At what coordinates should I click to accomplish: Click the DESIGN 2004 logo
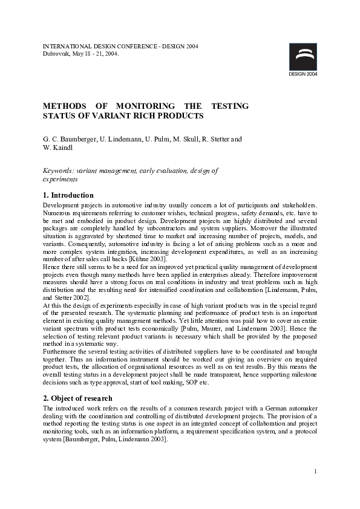point(303,59)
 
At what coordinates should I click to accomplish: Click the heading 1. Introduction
point(68,195)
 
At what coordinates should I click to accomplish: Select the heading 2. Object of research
point(77,398)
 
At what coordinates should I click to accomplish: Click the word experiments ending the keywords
point(61,180)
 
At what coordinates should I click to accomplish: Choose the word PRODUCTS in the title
point(181,115)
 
